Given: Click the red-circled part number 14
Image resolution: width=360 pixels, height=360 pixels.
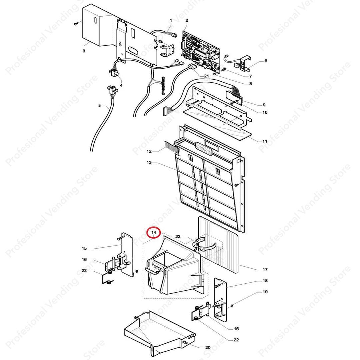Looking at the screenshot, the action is click(x=154, y=232).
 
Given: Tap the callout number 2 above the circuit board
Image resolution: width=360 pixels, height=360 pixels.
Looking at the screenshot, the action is click(x=187, y=20).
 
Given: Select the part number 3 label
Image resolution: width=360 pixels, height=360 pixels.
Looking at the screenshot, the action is click(x=84, y=51).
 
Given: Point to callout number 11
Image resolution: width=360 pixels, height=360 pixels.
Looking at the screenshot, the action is click(x=265, y=141).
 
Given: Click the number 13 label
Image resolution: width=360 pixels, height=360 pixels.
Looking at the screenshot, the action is click(x=149, y=163).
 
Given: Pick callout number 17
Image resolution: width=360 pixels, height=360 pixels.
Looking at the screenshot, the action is click(x=265, y=270).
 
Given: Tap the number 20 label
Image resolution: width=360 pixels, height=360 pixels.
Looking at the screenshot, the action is click(x=208, y=348).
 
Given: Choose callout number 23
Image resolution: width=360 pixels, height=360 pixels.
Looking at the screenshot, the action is click(x=178, y=236).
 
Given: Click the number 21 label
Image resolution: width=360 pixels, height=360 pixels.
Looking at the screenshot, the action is click(x=206, y=76).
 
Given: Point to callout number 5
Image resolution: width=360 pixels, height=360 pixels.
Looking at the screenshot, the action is click(x=99, y=106).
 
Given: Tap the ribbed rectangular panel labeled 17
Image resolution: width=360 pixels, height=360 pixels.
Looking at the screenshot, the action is click(x=218, y=245).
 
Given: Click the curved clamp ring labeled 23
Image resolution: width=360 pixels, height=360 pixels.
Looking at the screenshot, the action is click(x=205, y=244).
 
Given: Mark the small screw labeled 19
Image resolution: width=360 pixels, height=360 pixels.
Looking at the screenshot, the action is click(x=232, y=306).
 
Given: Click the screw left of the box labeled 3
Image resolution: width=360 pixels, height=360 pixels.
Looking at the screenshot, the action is click(x=76, y=23).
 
